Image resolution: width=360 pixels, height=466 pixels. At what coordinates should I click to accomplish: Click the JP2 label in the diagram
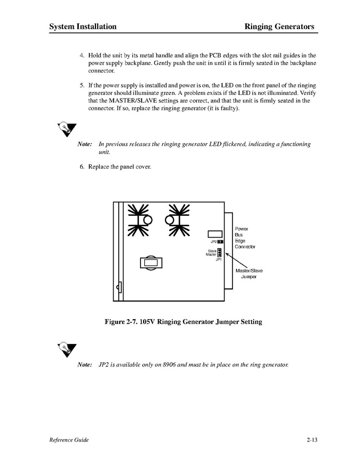(x=213, y=242)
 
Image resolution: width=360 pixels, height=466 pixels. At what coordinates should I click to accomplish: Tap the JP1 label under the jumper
(x=218, y=259)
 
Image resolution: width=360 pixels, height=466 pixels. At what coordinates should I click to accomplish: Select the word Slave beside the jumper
(x=212, y=251)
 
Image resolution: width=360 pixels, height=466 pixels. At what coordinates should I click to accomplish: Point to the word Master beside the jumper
(x=211, y=255)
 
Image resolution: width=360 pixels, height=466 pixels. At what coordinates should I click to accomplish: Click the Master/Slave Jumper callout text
(x=249, y=273)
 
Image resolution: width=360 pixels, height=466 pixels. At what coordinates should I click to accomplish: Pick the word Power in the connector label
(x=242, y=229)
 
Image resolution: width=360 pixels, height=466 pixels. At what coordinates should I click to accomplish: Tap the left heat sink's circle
(x=148, y=221)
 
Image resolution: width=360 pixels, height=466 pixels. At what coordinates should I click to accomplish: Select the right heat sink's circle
(x=169, y=221)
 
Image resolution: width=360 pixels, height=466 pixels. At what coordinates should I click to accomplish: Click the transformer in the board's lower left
(x=150, y=263)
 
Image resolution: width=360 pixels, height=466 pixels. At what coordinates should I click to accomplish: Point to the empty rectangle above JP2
(x=215, y=234)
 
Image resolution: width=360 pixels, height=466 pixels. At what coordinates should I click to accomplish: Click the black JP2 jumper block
(x=220, y=242)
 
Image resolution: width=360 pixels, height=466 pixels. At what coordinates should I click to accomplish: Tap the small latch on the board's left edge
(x=119, y=286)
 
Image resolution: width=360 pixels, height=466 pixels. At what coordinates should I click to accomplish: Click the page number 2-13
(x=311, y=440)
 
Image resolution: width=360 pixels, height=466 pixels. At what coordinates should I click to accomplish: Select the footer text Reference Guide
(x=69, y=440)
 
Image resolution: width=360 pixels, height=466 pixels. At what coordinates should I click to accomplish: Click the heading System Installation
(x=82, y=26)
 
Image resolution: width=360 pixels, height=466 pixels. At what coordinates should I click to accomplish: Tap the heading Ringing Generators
(x=279, y=26)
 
